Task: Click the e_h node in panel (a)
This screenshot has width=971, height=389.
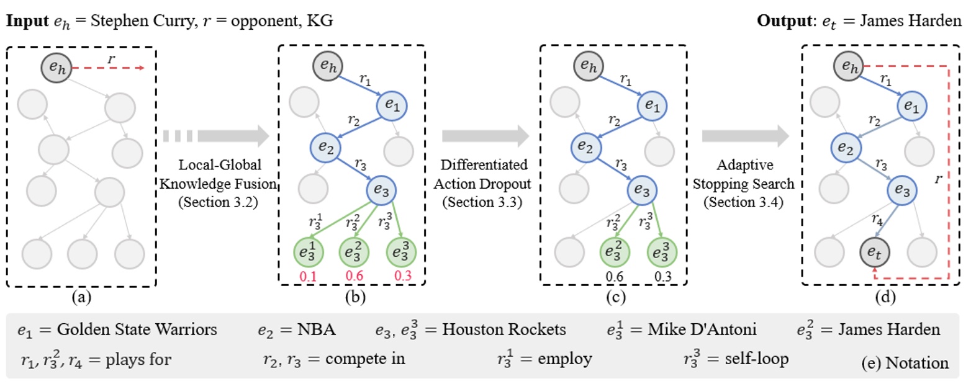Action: [x=56, y=68]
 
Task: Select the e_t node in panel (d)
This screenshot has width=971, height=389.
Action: [x=875, y=252]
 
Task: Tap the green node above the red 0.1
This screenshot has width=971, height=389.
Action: [x=308, y=252]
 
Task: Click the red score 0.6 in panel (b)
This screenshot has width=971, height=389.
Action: [x=354, y=276]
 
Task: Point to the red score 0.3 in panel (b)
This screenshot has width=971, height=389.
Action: [x=403, y=276]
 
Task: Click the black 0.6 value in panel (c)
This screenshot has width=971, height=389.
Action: [x=614, y=277]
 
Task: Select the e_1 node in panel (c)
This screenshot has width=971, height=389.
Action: [x=652, y=105]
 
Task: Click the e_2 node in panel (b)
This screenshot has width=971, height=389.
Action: [x=325, y=148]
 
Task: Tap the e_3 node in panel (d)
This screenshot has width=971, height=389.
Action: [x=902, y=190]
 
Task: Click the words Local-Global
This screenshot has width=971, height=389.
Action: [x=220, y=164]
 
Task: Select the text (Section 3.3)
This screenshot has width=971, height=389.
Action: [x=482, y=202]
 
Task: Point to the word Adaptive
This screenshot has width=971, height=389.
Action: [x=745, y=165]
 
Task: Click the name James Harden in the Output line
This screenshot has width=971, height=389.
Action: [x=911, y=20]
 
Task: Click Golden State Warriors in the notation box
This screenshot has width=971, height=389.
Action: [x=137, y=329]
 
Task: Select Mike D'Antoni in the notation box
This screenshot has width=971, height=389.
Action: [x=702, y=329]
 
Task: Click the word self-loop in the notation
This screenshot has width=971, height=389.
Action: [x=757, y=359]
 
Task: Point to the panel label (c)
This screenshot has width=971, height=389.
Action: [x=615, y=297]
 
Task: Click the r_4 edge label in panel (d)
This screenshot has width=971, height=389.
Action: [x=877, y=220]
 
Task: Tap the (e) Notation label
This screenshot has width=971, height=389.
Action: [x=905, y=363]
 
